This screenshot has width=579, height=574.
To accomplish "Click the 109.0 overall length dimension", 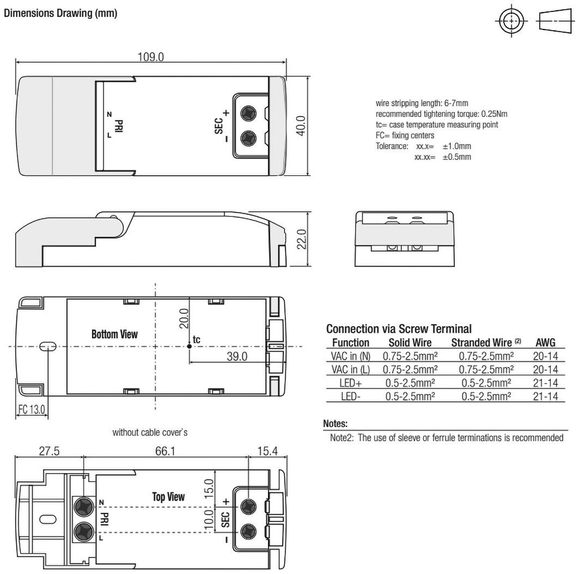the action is click(150, 57).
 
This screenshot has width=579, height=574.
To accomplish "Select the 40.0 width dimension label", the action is click(301, 126).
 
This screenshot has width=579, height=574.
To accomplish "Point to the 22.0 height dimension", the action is click(302, 239).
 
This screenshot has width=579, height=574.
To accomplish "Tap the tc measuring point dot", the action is click(189, 346).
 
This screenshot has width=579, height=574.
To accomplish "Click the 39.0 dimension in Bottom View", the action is click(237, 356).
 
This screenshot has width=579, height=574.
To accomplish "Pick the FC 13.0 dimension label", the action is click(32, 409).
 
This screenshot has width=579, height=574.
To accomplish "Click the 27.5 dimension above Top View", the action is click(49, 451).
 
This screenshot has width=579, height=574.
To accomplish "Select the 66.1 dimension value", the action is click(165, 451).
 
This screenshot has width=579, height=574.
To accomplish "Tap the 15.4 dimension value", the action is click(267, 451).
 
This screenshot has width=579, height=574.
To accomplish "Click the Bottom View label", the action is click(114, 334).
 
